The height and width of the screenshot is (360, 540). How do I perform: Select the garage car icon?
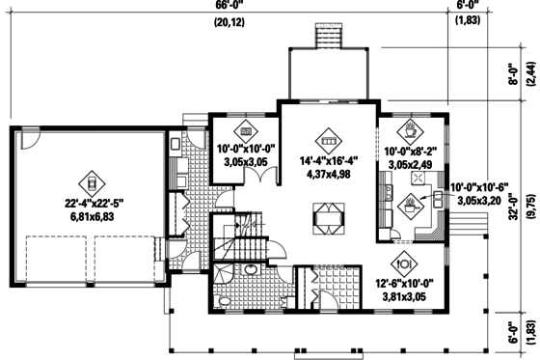(91, 181)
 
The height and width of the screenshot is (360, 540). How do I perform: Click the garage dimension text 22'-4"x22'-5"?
(91, 203)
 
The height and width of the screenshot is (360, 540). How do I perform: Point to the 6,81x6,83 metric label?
(91, 218)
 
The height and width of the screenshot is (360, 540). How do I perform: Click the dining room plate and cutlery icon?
(403, 261)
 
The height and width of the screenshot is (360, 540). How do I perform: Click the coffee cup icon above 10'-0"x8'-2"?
(412, 128)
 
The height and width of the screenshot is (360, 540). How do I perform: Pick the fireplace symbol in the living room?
(327, 218)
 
